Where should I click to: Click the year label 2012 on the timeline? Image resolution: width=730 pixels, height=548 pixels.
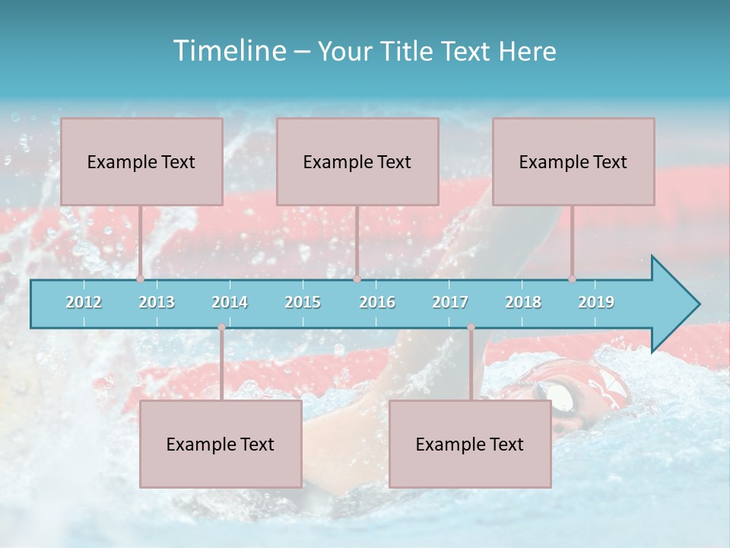coord(84,302)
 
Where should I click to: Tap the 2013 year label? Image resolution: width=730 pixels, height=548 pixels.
coord(157,302)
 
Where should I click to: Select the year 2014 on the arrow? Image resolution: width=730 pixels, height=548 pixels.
coord(230,302)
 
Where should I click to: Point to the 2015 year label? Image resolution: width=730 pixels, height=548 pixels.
coord(303,302)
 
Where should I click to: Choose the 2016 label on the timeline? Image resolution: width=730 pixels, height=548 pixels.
coord(377,302)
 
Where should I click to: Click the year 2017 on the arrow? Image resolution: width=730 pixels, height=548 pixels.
coord(450,302)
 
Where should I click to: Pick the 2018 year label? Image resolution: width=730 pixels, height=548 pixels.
coord(523,302)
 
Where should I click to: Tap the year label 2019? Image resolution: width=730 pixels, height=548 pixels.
coord(596,302)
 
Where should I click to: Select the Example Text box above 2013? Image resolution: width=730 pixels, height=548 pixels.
coord(141,161)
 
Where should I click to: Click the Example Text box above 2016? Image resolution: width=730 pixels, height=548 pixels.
coord(357,161)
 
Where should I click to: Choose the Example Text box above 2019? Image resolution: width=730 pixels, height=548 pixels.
coord(573,161)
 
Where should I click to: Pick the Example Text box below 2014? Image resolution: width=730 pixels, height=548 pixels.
coord(221,444)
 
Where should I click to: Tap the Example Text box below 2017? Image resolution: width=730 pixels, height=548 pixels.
coord(470,444)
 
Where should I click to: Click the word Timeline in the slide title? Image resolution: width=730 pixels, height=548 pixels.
coord(228,51)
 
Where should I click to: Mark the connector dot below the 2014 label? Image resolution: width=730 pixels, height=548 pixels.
coord(221,327)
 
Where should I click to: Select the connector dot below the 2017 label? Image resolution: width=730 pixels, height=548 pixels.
coord(471,327)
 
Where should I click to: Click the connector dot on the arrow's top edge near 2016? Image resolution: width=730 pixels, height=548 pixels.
coord(357,279)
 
